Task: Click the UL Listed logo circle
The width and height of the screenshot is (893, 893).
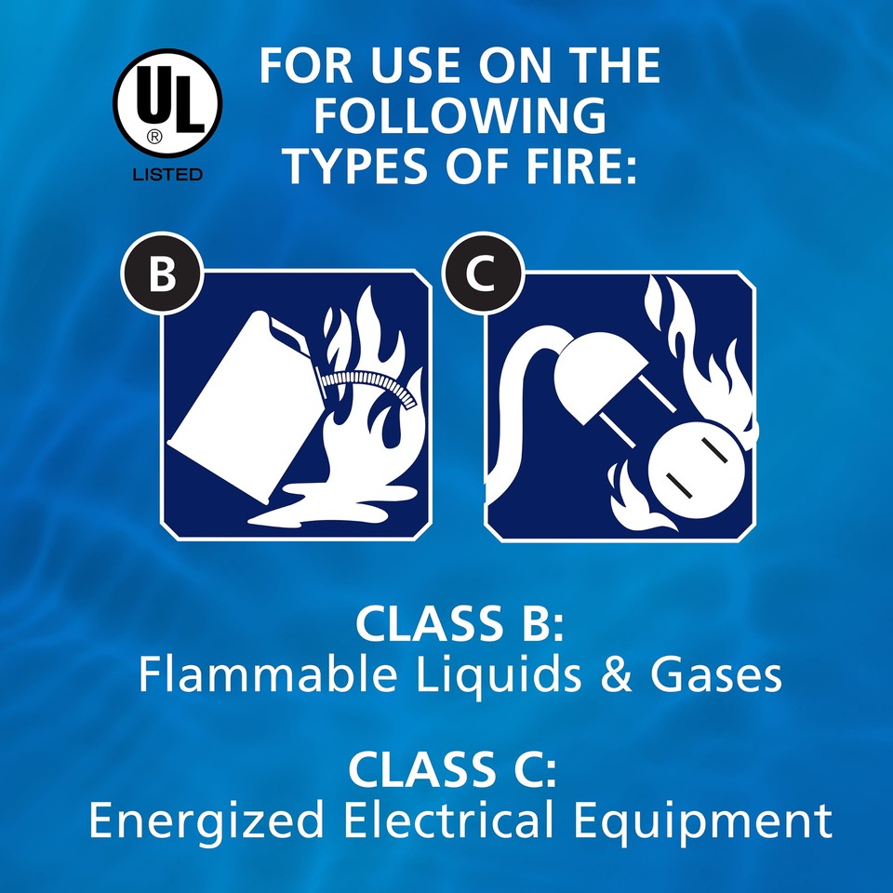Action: pos(167,102)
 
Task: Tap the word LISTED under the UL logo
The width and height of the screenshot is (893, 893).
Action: pos(167,174)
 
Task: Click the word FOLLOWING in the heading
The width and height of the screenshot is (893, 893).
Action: pos(460,116)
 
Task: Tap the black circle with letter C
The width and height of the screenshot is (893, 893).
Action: pos(482,276)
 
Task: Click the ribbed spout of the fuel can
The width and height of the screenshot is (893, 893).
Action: pos(367,381)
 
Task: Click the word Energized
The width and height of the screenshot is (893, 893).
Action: pos(207,822)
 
